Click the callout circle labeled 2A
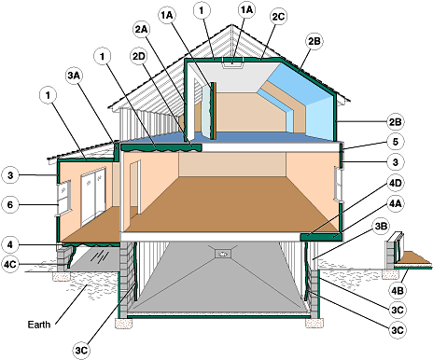coord(142,29)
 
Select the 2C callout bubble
coord(277,17)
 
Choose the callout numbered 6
coord(9,202)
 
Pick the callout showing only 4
coord(9,244)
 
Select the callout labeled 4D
coord(396,184)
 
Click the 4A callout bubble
coord(396,202)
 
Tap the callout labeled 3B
coord(381,225)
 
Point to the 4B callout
coord(396,289)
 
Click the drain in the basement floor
coord(222,253)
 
